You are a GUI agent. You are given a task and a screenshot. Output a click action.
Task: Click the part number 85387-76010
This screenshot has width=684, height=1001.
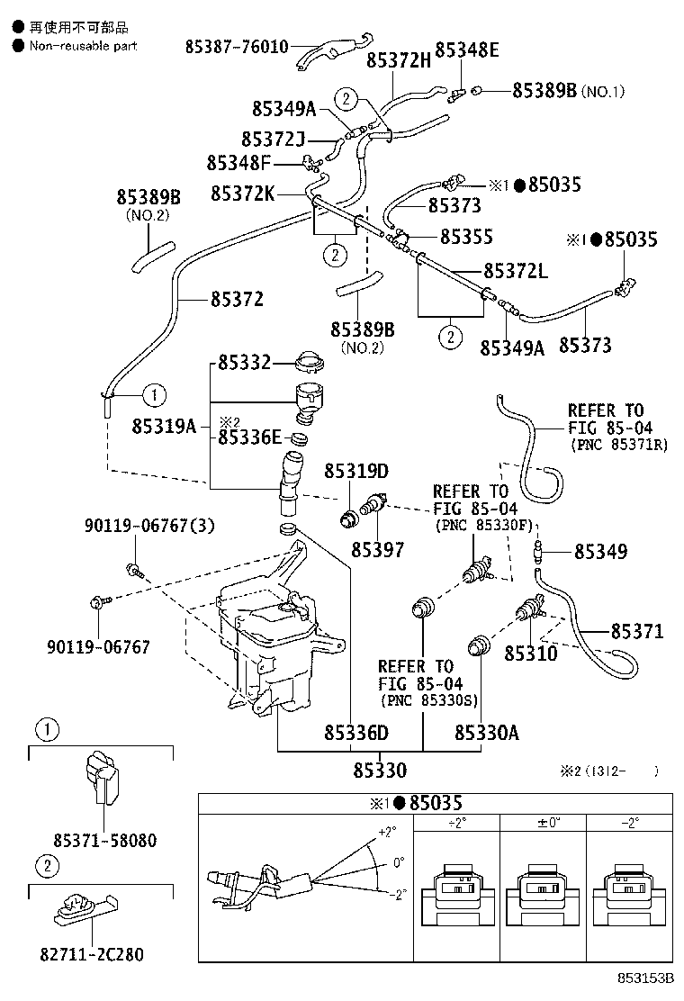click(x=238, y=46)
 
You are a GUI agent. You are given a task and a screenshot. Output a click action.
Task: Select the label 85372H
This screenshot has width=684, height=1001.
click(x=398, y=60)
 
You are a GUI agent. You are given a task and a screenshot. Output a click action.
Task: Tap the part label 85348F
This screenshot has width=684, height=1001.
click(x=238, y=163)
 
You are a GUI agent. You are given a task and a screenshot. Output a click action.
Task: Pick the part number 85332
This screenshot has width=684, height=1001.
click(x=243, y=364)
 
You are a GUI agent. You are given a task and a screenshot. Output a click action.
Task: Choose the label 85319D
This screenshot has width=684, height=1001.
click(x=355, y=471)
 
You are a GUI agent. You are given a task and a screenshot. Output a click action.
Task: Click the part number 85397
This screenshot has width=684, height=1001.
click(x=377, y=549)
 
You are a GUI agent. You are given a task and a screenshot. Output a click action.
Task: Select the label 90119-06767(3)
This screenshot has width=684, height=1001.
click(x=138, y=525)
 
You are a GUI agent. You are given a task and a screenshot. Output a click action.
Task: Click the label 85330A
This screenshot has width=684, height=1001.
click(x=486, y=733)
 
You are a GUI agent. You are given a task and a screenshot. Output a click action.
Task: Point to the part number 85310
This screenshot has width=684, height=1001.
click(x=530, y=652)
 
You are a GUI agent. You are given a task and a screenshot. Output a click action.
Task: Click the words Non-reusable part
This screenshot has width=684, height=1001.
click(x=82, y=46)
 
